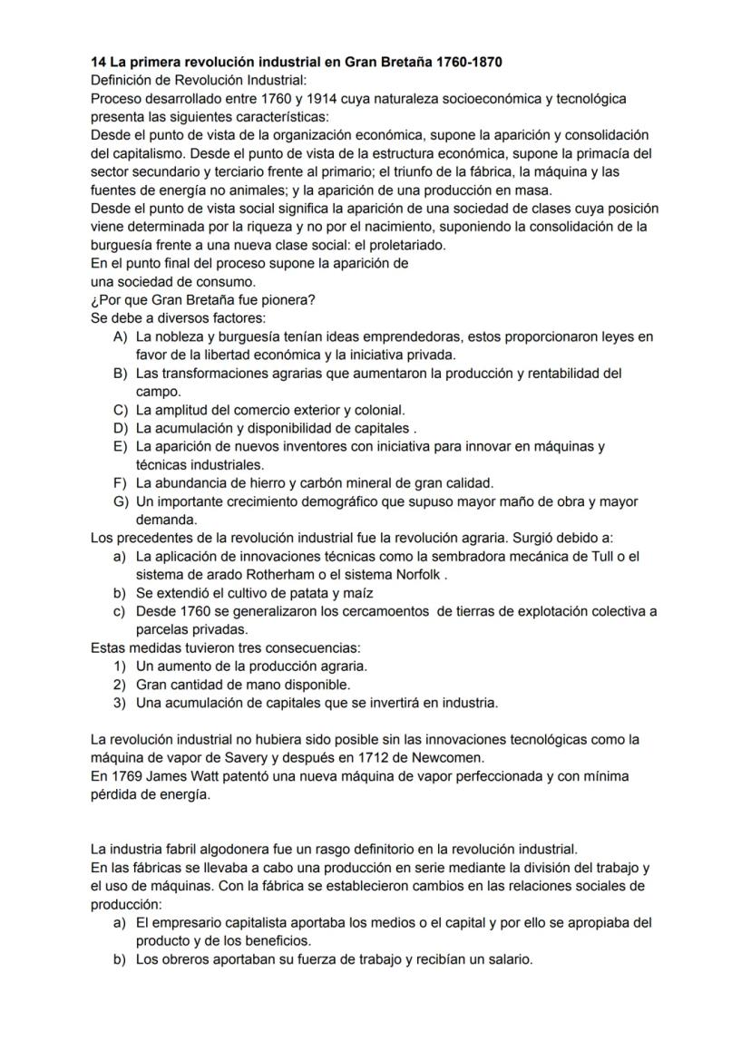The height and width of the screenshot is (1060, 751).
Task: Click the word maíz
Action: pos(347,593)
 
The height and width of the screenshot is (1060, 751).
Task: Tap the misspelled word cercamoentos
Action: pos(385,611)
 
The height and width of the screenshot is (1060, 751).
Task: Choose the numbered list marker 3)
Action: pos(120,703)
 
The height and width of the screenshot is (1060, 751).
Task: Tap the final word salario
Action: pos(509,959)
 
